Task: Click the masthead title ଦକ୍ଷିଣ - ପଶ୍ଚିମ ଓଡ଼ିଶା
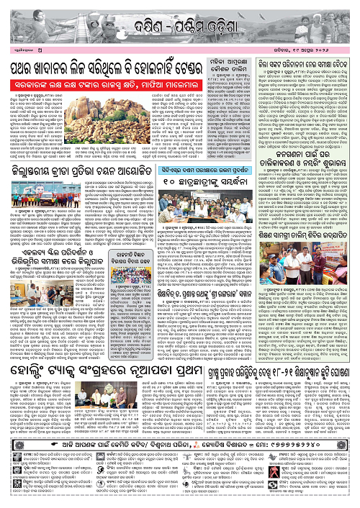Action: tap(179, 14)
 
